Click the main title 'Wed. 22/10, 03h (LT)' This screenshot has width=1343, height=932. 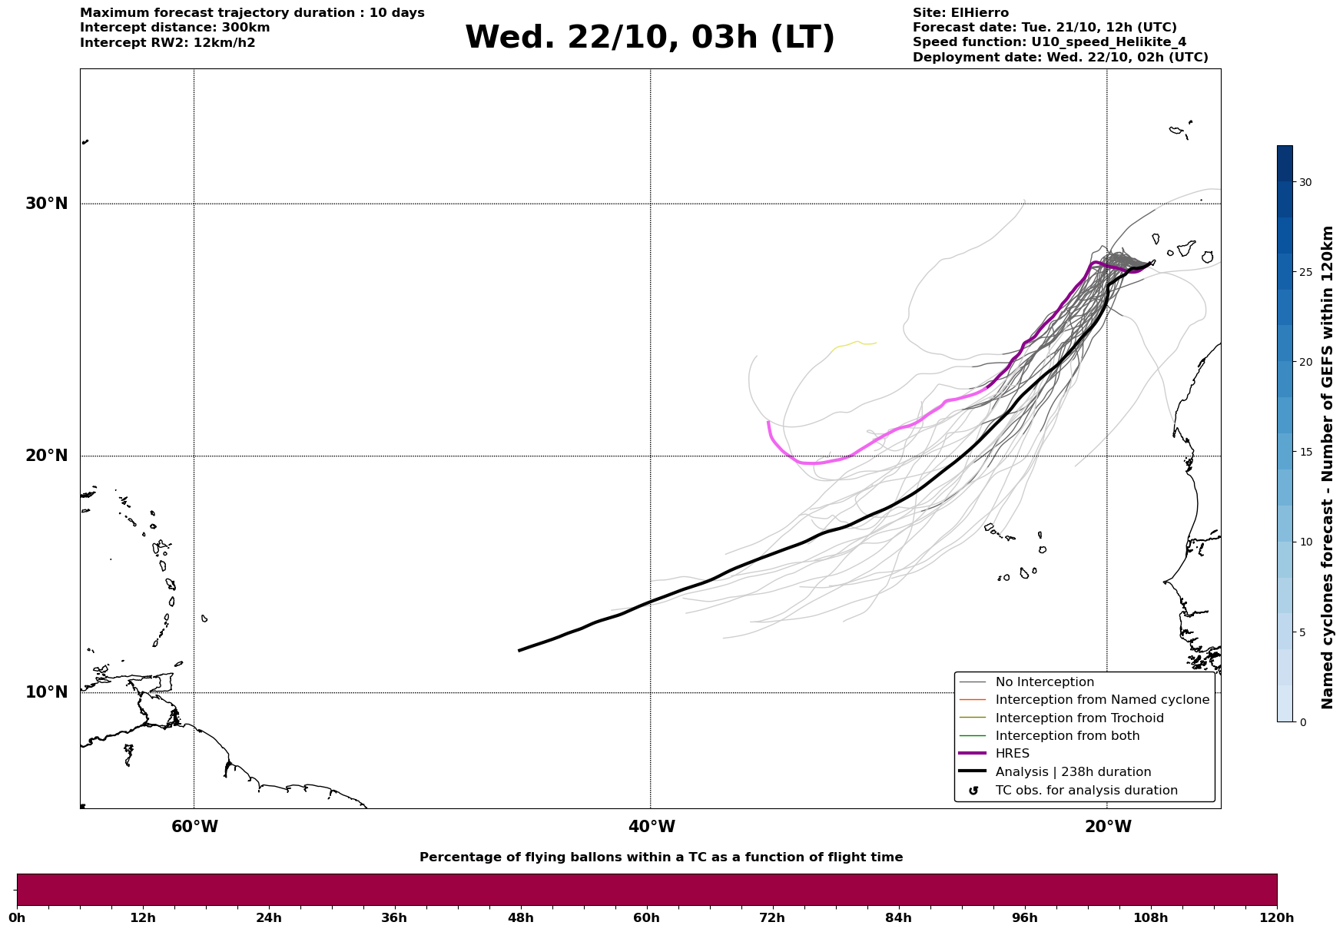(x=649, y=38)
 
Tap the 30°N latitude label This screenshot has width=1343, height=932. (x=46, y=204)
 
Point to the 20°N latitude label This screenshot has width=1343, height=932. (x=46, y=456)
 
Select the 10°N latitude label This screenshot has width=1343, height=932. (x=46, y=692)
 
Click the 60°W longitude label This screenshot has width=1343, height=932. (x=194, y=827)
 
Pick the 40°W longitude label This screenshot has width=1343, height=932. (x=652, y=827)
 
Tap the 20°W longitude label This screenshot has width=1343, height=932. (x=1108, y=827)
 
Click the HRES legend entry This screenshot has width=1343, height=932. (x=1012, y=754)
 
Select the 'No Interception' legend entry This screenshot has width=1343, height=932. (x=1044, y=682)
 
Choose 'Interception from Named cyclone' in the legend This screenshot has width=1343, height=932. (x=1102, y=700)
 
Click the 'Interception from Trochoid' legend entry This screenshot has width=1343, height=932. (x=1079, y=718)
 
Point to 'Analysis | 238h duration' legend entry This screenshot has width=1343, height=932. (x=1073, y=772)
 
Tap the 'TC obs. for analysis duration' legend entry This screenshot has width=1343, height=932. (x=1086, y=791)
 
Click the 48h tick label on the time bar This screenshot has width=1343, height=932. (x=520, y=917)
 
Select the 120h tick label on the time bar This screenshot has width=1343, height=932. (x=1277, y=917)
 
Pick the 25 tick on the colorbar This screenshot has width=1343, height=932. (x=1305, y=272)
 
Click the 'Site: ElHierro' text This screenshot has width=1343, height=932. (x=960, y=13)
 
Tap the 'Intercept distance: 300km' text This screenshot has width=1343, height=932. (x=174, y=28)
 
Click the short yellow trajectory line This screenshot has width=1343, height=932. (x=854, y=343)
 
